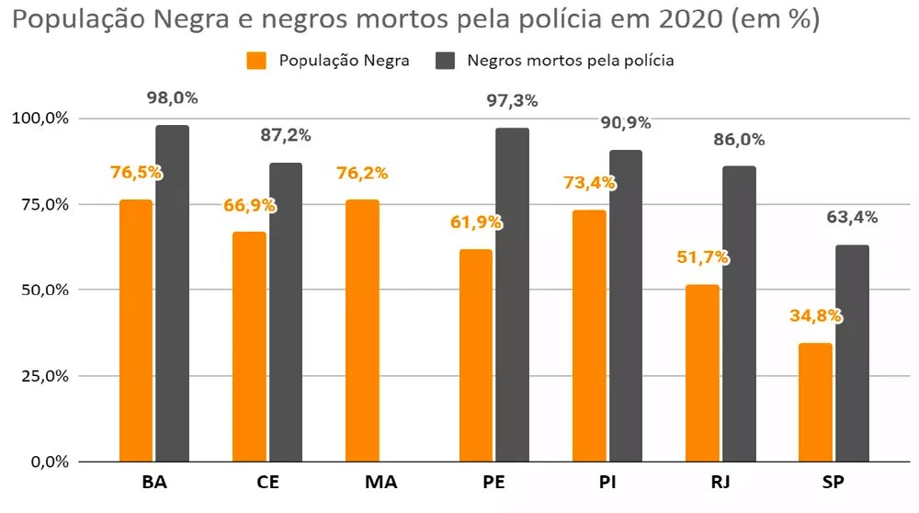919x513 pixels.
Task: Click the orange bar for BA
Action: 136,330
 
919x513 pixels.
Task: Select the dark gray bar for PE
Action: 513,294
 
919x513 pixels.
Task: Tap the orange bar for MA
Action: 362,330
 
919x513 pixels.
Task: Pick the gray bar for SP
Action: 852,353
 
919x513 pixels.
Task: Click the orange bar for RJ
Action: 702,373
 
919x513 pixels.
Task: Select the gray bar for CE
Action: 286,312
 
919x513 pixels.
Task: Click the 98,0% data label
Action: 173,98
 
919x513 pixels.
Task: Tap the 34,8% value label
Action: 815,316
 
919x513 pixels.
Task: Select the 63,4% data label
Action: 852,218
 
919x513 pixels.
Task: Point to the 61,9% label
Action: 476,222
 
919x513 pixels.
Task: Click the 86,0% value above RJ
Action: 739,141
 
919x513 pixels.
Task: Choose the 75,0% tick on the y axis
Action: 40,204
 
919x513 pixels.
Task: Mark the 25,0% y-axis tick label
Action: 40,376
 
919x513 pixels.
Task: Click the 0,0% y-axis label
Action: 43,462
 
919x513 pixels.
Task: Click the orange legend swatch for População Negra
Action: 256,61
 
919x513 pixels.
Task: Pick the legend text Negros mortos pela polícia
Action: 571,61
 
